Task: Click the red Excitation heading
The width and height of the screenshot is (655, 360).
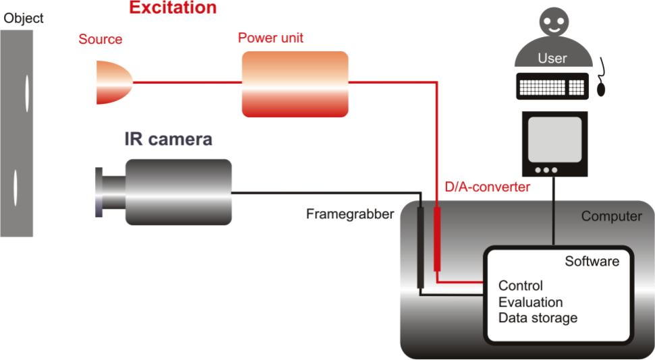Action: point(173,7)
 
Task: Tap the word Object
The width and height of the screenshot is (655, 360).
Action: point(24,18)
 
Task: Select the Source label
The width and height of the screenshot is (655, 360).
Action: point(101,39)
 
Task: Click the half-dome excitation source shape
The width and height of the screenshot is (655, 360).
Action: point(114,82)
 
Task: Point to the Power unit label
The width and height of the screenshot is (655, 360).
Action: point(270,38)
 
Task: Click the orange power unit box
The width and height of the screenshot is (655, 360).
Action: point(295,84)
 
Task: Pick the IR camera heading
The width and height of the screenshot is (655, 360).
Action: point(169,139)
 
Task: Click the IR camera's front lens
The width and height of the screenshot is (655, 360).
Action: point(99,192)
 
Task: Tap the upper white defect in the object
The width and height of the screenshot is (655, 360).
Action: point(27,93)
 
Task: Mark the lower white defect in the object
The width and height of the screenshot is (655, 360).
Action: point(16,187)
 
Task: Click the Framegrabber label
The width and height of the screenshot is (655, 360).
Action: point(350,214)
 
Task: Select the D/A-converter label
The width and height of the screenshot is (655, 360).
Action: point(487,187)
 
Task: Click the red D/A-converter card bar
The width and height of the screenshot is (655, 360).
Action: point(437,239)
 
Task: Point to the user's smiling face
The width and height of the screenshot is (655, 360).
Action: point(554,22)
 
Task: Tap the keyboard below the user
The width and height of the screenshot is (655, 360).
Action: point(552,86)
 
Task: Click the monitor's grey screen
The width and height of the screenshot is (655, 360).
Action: point(554,140)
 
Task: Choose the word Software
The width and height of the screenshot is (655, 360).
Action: point(592,262)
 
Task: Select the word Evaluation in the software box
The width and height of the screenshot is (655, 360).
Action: point(530,302)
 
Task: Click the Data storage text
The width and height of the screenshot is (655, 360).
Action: point(538,318)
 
